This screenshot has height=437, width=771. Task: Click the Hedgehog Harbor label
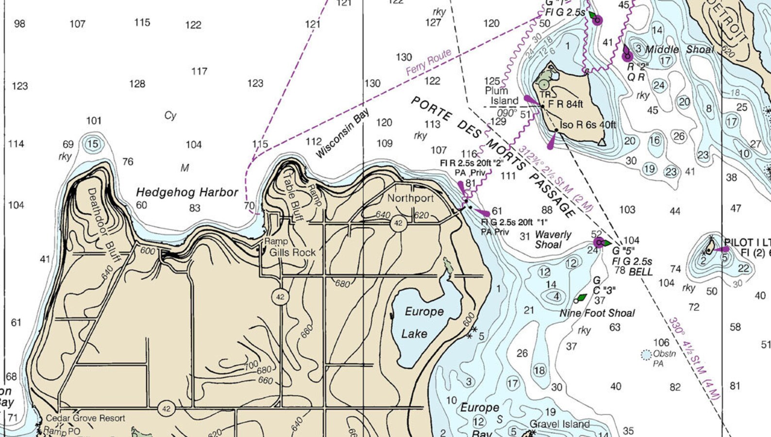click(x=187, y=192)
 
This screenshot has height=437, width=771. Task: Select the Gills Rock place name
click(x=292, y=252)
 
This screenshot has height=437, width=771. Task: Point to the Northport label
click(x=410, y=198)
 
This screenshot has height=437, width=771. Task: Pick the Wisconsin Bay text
click(x=343, y=133)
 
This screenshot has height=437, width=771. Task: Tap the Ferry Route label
click(x=428, y=62)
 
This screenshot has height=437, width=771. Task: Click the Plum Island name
click(x=500, y=96)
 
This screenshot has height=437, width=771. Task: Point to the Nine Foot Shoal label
click(x=597, y=313)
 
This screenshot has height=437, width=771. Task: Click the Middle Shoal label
click(x=679, y=50)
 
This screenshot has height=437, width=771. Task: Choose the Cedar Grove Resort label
click(x=85, y=418)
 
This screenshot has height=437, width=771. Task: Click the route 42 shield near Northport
click(x=398, y=223)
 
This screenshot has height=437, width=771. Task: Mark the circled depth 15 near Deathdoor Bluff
click(x=92, y=144)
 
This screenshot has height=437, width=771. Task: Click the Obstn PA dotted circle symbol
click(x=646, y=355)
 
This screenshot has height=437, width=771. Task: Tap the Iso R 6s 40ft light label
click(x=587, y=125)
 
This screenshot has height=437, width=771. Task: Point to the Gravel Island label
click(x=559, y=424)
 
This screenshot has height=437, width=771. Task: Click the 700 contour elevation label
click(x=251, y=365)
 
